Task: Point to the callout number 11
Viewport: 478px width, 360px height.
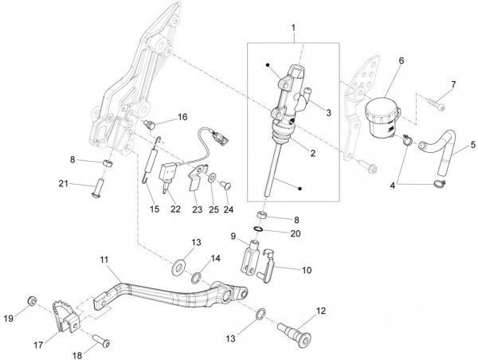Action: (104, 260)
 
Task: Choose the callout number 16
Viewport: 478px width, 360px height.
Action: (182, 117)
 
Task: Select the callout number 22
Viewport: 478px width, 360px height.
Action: (174, 209)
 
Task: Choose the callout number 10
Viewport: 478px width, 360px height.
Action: (307, 269)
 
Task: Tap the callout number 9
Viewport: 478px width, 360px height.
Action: (233, 236)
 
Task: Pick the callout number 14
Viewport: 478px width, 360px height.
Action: (214, 258)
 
